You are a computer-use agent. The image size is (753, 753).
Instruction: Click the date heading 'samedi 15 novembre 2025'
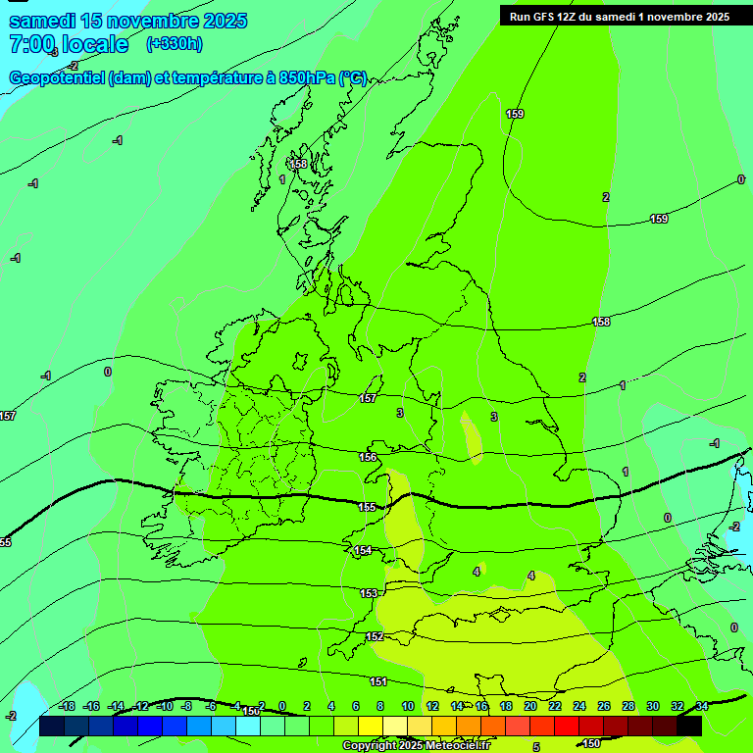click(127, 21)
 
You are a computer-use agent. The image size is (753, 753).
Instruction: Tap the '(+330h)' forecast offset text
click(174, 43)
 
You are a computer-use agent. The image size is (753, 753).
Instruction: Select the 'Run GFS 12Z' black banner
click(619, 16)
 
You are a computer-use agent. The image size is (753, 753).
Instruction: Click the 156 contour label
click(368, 457)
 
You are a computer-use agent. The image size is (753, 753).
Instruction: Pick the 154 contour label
click(364, 550)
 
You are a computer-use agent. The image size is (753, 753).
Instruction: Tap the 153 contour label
click(369, 593)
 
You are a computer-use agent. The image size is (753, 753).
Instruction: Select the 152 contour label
click(375, 636)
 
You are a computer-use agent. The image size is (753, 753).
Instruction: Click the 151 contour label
click(378, 680)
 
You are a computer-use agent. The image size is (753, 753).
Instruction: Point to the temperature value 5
click(535, 747)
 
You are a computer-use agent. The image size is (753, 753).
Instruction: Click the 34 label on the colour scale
click(702, 706)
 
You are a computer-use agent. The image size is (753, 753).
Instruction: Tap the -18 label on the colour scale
click(68, 706)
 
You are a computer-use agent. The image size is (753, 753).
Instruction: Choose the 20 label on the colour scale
click(530, 706)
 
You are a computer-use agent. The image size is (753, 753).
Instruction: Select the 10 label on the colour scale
click(407, 706)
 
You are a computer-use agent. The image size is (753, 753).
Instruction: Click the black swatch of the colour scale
click(689, 727)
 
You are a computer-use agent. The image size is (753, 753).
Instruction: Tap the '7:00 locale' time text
click(69, 44)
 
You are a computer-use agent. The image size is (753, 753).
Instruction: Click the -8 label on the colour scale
click(186, 706)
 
